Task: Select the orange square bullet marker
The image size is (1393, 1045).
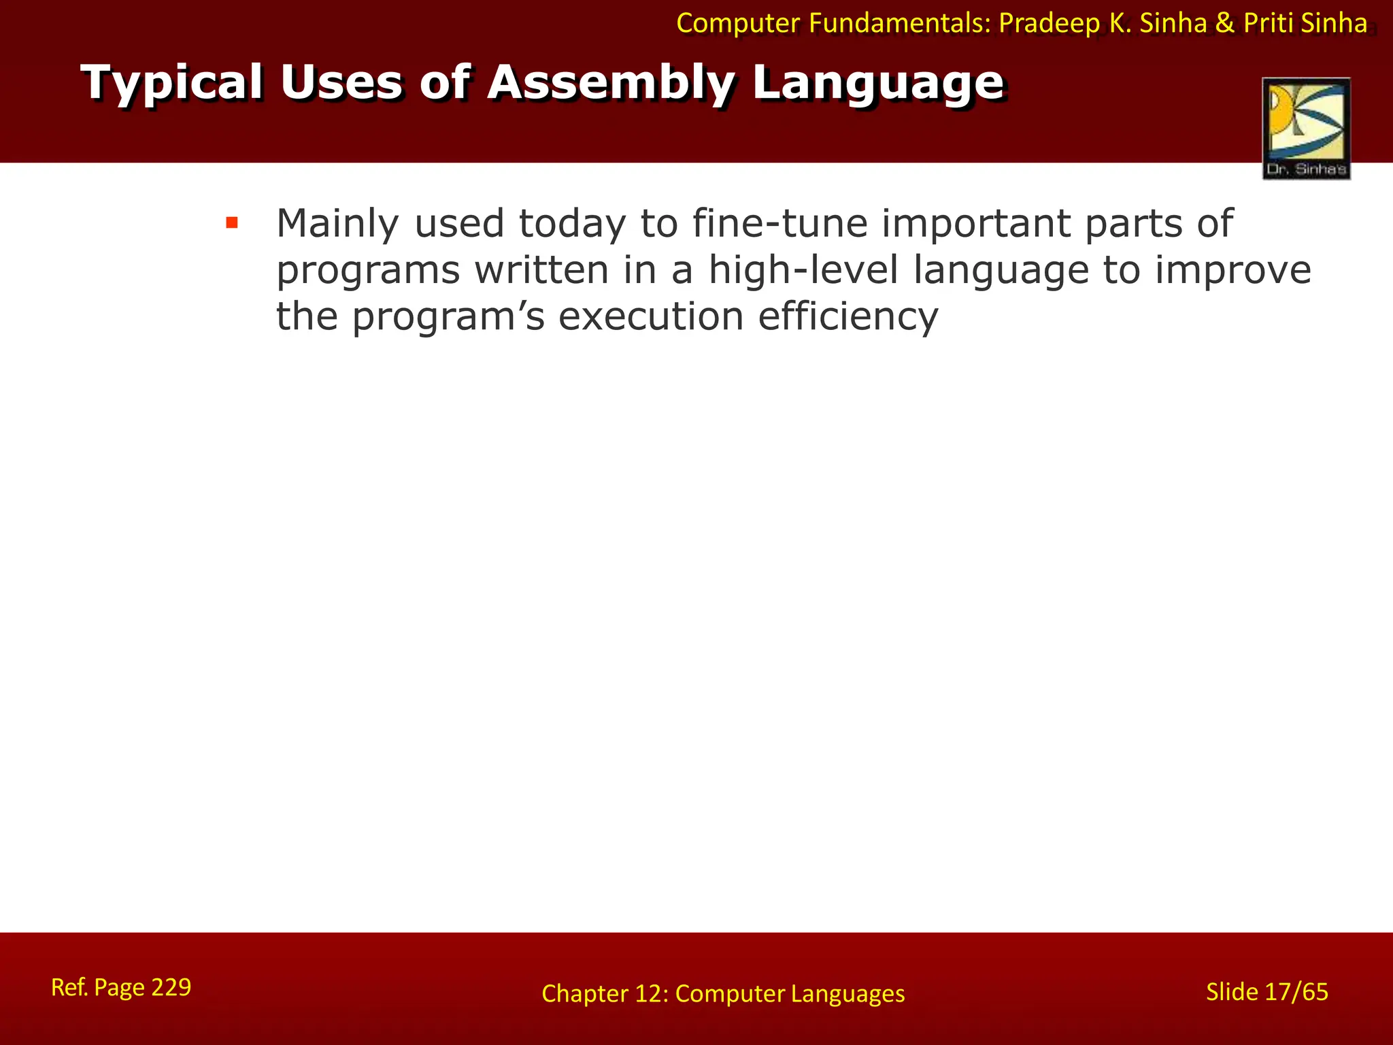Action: [232, 222]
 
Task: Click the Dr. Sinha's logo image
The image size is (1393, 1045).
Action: [1306, 128]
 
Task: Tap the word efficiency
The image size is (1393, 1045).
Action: [848, 317]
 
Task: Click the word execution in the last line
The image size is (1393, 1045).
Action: [651, 317]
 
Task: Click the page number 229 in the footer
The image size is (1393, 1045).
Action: [171, 986]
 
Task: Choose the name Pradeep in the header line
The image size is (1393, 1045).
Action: [1050, 24]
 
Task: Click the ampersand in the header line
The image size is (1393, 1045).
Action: [1224, 24]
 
